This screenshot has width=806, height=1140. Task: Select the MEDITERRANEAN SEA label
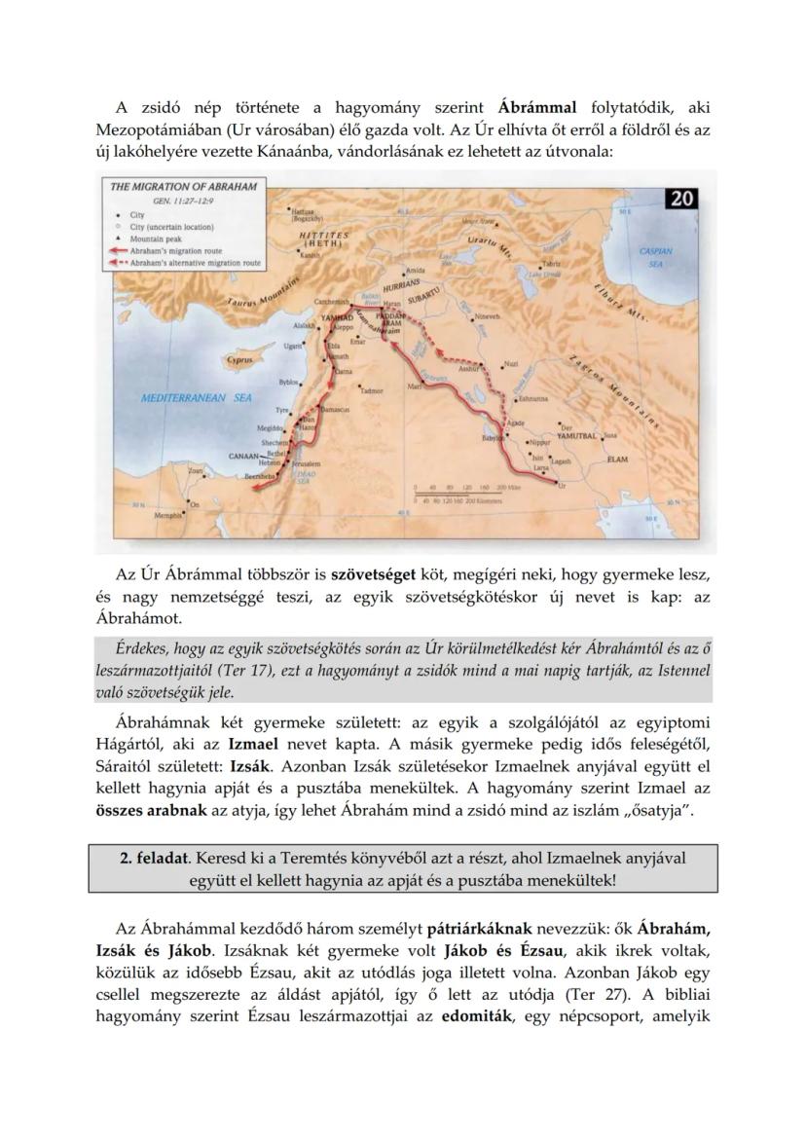tap(196, 398)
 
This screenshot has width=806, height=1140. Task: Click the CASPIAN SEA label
tap(655, 257)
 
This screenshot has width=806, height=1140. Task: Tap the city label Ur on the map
tap(559, 484)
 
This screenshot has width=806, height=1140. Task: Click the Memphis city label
tap(169, 516)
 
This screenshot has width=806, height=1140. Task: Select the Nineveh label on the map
tap(487, 317)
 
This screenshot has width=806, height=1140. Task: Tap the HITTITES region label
tap(317, 237)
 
